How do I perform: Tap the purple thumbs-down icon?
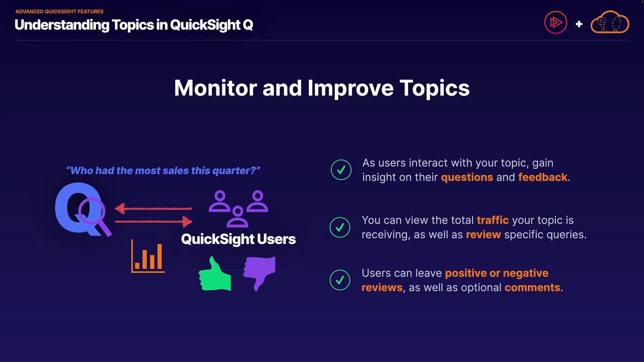(x=259, y=272)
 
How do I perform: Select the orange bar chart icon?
(x=148, y=256)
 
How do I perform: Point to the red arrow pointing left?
(x=153, y=208)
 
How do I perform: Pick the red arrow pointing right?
(x=154, y=222)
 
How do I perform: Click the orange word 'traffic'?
(x=493, y=220)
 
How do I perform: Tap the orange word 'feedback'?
(x=543, y=177)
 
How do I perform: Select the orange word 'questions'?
(x=467, y=177)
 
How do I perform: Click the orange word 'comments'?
(x=532, y=288)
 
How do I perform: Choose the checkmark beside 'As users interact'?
(x=341, y=170)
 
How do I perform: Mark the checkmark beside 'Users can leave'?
(x=340, y=280)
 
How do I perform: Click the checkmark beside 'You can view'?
(x=340, y=227)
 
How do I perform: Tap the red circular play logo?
(x=555, y=22)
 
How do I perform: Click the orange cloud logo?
(x=610, y=22)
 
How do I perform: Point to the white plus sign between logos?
(x=579, y=24)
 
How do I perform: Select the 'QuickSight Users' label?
(x=238, y=239)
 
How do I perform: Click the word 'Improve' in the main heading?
(x=351, y=88)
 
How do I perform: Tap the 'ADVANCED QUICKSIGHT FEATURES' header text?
(x=59, y=11)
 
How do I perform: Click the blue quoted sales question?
(x=163, y=171)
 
